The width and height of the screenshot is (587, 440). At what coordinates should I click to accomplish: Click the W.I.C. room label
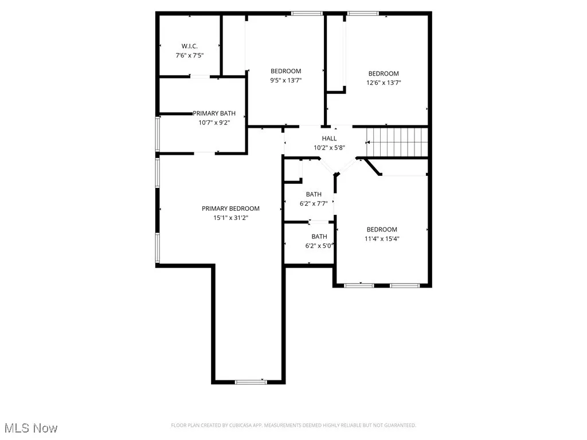189,46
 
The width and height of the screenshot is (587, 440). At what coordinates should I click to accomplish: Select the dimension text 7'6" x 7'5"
189,56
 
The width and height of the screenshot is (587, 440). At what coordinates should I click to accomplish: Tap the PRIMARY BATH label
214,113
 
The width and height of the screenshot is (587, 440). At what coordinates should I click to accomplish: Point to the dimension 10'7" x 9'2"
214,123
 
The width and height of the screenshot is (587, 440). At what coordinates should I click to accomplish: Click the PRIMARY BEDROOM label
230,209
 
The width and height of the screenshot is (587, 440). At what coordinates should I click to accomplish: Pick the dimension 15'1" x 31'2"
230,218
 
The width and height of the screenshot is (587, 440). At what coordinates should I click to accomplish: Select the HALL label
329,139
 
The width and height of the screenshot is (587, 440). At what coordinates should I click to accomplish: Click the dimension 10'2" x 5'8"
329,148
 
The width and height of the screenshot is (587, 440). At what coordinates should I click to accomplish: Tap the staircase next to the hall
398,142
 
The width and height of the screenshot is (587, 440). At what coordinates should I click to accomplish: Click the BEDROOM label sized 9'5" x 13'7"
285,71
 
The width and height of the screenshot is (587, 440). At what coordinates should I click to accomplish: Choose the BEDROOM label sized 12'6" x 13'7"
383,73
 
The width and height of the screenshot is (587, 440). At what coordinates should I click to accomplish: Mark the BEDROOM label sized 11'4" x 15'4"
382,230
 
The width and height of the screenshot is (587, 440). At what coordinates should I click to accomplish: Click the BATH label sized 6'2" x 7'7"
314,194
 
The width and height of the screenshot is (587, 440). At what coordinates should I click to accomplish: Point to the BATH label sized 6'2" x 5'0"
319,237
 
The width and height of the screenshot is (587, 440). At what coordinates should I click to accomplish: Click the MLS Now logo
29,428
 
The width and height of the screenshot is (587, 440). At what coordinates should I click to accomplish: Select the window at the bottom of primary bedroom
251,382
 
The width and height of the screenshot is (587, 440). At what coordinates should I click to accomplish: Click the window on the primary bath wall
158,134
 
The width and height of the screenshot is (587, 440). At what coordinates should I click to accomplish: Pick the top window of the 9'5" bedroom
307,13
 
